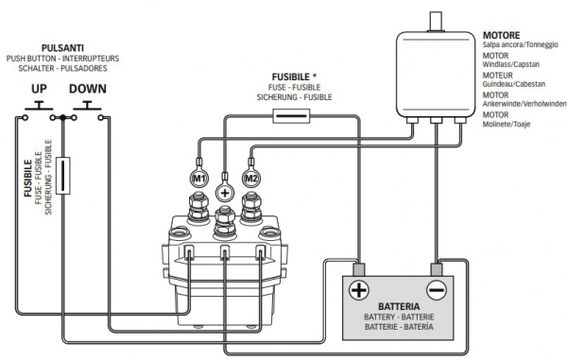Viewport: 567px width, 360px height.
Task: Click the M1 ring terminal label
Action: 199,178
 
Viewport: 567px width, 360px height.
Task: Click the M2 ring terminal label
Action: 251,178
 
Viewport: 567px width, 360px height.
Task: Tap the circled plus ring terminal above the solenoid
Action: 225,193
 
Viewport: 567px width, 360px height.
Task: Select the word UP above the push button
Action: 39,89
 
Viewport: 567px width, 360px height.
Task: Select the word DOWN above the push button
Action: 88,89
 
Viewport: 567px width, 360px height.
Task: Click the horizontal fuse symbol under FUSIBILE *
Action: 291,116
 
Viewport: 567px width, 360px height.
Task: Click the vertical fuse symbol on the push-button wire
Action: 63,176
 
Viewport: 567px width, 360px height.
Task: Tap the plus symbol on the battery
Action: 359,290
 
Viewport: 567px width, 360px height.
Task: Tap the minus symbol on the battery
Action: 437,290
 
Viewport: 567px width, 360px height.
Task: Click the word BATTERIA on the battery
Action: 399,306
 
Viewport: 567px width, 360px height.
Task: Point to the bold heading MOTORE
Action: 501,35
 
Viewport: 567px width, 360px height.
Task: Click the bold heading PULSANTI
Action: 62,48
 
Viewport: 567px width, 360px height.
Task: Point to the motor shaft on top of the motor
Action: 436,22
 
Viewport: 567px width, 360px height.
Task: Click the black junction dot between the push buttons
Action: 63,117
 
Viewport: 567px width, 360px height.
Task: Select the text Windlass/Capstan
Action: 511,64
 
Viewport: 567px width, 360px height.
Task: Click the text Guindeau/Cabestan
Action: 514,84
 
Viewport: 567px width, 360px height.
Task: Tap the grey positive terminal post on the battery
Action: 359,270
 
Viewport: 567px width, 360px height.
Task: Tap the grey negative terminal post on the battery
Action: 437,270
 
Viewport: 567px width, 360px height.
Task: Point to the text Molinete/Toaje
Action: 507,124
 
